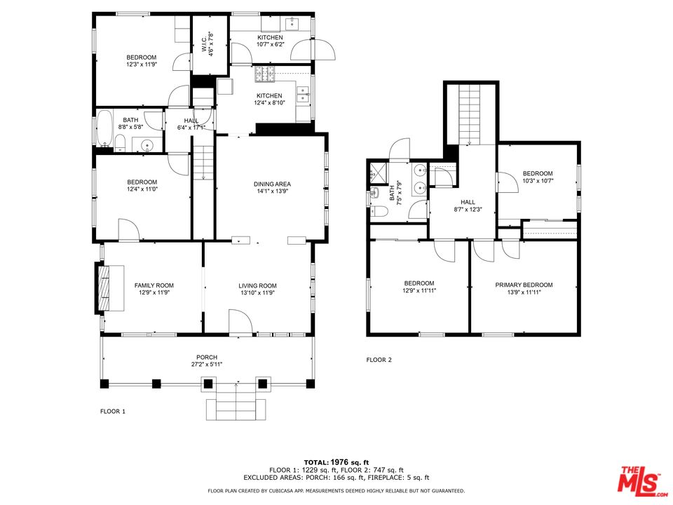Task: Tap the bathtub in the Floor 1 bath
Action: coord(104,128)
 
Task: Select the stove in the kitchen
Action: coord(265,74)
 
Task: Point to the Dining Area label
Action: coord(272,184)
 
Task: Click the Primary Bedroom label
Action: coord(524,285)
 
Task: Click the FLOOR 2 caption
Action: coord(379,360)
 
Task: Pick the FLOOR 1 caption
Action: coord(113,412)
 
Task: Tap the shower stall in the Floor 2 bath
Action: coord(379,173)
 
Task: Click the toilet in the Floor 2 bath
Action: coord(379,211)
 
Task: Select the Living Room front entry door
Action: coord(240,321)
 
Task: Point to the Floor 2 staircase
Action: coord(471,114)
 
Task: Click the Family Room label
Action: coord(154,285)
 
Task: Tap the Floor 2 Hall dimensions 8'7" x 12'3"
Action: coord(468,210)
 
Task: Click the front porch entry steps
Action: coord(236,401)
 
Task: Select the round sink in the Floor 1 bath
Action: coord(147,146)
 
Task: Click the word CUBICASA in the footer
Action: coord(288,491)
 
